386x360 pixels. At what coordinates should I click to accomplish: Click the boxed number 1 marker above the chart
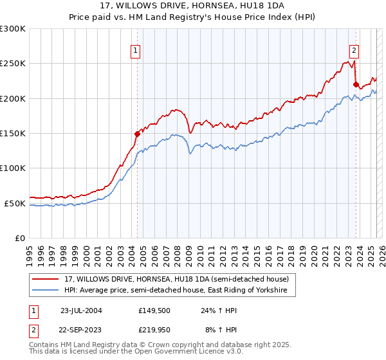pos(136,51)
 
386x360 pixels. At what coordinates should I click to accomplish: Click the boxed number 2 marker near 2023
pos(354,51)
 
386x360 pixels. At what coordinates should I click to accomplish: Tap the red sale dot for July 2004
pos(137,134)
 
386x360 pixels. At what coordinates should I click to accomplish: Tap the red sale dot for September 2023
pos(356,84)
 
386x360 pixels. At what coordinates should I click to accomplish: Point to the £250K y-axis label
pos(13,64)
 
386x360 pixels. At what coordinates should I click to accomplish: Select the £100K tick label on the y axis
pos(13,168)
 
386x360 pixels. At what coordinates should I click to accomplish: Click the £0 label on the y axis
pos(19,238)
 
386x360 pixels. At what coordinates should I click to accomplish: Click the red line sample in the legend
pos(45,279)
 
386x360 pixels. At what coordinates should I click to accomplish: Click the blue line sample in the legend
pos(45,291)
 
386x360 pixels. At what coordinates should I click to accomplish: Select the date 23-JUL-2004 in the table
pos(81,310)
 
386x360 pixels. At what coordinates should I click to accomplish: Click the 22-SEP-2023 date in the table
pos(81,330)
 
